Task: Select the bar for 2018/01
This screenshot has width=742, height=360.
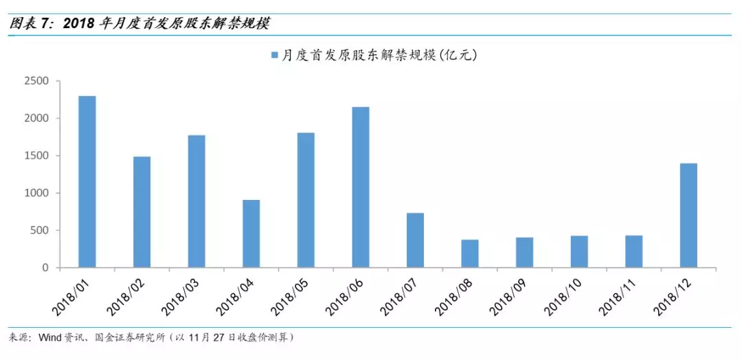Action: pos(87,182)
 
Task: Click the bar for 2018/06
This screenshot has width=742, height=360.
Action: pos(361,187)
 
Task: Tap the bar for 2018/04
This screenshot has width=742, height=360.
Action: pos(251,234)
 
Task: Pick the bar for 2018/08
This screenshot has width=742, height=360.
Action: pos(470,254)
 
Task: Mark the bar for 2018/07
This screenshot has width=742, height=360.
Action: pos(415,240)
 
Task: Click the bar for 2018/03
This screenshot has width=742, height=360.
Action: pos(196,201)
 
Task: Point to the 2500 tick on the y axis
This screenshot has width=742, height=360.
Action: pos(36,81)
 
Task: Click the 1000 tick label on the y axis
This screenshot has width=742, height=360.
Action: pos(36,193)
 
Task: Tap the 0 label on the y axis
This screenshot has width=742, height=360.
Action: pos(45,268)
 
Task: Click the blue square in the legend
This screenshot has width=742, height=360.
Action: pos(274,55)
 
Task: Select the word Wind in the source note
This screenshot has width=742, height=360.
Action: pos(53,337)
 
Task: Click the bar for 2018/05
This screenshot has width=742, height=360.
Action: pos(306,200)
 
